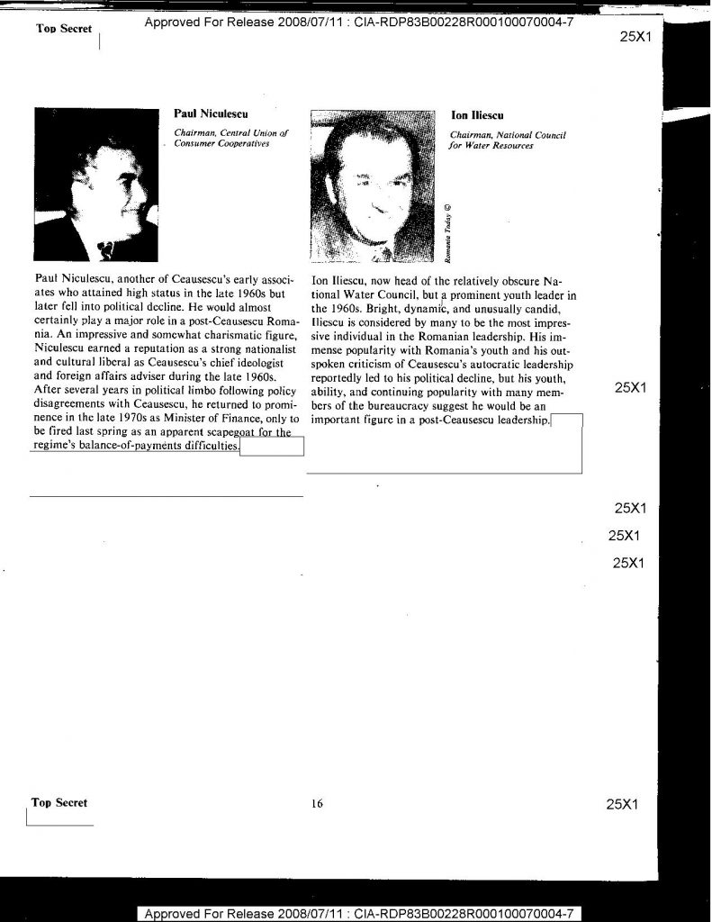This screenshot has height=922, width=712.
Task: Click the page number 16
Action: [317, 804]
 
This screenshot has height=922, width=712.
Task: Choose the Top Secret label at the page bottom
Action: [59, 802]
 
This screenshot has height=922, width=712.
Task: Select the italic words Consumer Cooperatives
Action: [221, 144]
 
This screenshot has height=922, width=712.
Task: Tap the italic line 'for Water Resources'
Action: [491, 146]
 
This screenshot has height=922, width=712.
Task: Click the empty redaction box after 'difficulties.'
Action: [273, 447]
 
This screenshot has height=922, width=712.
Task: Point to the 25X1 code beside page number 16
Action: [623, 804]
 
